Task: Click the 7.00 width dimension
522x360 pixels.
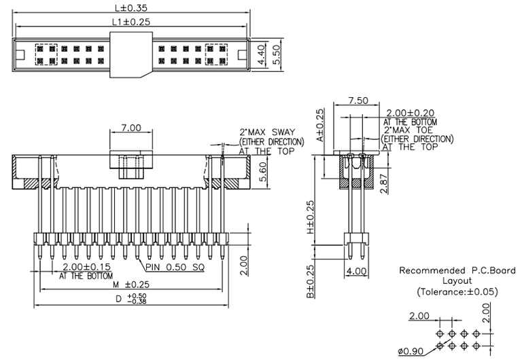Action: (x=131, y=128)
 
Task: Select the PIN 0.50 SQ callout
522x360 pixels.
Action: (x=175, y=267)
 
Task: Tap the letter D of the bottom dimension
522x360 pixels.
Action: (x=119, y=299)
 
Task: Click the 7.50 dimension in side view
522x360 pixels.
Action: (x=358, y=101)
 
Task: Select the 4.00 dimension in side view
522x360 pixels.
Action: (x=357, y=271)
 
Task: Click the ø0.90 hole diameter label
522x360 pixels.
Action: (x=410, y=351)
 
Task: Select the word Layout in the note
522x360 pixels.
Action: (x=457, y=281)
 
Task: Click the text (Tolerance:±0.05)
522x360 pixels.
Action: (x=457, y=291)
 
